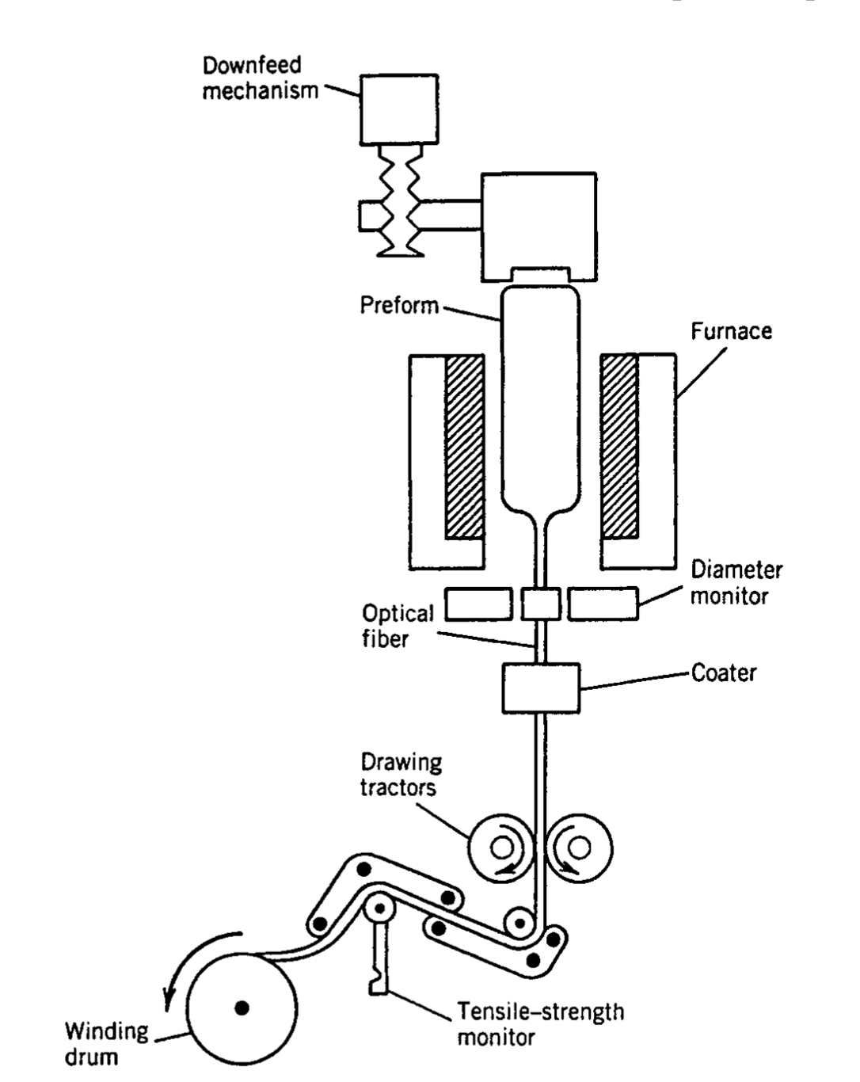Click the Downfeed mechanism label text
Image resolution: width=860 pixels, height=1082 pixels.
(260, 78)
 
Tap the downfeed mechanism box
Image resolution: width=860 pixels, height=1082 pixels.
(399, 109)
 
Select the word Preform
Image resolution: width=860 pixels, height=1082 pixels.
(400, 305)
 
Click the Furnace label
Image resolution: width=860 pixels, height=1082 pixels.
(732, 331)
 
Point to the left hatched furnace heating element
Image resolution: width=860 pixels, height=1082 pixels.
(464, 447)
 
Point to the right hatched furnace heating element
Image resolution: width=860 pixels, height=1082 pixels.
(619, 446)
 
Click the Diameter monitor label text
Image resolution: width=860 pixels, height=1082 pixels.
(736, 583)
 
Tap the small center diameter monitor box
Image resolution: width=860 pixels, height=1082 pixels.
(541, 603)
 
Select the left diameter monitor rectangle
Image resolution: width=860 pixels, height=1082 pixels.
(478, 604)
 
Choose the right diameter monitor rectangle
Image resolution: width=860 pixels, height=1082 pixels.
(603, 603)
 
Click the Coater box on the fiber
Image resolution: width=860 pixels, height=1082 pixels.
(541, 688)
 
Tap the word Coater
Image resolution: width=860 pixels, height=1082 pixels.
(724, 672)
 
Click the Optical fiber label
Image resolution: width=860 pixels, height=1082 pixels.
(398, 626)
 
